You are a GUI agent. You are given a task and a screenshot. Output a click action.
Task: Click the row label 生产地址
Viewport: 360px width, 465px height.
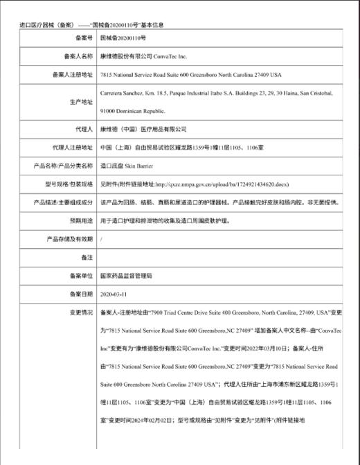click(80, 101)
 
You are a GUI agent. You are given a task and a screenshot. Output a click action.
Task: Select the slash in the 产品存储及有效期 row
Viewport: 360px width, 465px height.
click(102, 238)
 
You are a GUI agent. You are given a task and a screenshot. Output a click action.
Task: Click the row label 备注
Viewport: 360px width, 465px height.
click(85, 257)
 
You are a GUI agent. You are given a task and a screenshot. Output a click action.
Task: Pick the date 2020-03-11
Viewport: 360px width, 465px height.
click(114, 293)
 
